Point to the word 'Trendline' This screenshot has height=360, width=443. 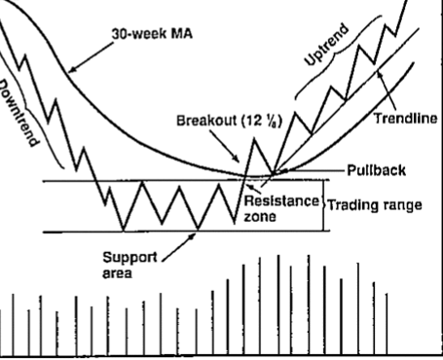coord(405,120)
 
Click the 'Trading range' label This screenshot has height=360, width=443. coord(381,205)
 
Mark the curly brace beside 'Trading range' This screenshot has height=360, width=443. coord(323,206)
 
